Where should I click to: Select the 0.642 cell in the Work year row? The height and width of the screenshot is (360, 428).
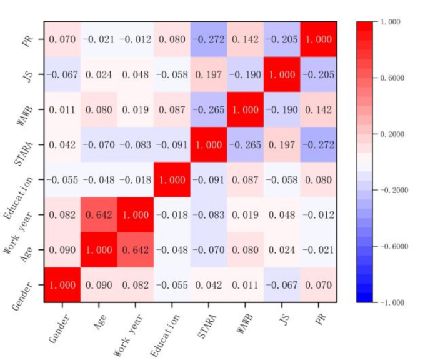pyautogui.click(x=99, y=215)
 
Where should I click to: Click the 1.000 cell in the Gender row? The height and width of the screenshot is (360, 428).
pyautogui.click(x=62, y=285)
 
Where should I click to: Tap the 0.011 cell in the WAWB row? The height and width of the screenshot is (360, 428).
pyautogui.click(x=62, y=109)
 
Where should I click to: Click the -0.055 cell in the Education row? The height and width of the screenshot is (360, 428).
pyautogui.click(x=62, y=180)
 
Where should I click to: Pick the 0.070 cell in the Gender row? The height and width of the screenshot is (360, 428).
pyautogui.click(x=318, y=285)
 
